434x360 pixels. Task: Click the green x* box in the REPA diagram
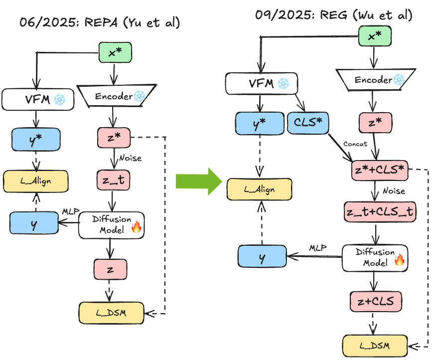[x=116, y=52]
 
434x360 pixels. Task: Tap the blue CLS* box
[x=308, y=123]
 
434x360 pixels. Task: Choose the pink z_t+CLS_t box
[x=379, y=211]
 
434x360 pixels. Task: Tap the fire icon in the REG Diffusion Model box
[x=399, y=259]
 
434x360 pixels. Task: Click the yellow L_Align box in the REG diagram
[x=258, y=190]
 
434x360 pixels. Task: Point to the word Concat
[x=355, y=144]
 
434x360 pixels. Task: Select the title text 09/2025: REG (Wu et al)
[x=333, y=15]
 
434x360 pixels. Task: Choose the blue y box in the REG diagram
[x=262, y=256]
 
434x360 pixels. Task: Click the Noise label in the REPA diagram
[x=131, y=158]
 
